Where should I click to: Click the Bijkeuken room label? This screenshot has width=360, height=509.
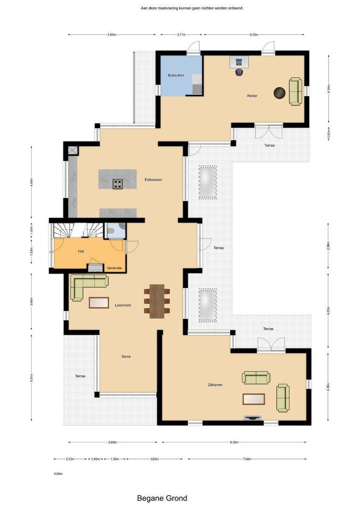(x=176, y=75)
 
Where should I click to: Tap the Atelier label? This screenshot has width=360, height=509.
(x=252, y=96)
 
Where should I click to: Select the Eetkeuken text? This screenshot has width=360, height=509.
(x=153, y=179)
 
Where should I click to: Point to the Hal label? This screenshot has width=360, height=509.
(x=81, y=251)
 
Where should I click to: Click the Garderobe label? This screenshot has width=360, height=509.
(x=115, y=267)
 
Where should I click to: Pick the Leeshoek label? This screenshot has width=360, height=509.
(x=123, y=305)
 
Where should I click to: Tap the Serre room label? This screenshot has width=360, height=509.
(x=126, y=357)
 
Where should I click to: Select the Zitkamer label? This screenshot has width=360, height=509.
(x=214, y=385)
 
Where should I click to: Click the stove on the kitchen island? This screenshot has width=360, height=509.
(x=117, y=183)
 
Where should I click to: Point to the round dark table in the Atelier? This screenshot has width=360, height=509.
(x=279, y=93)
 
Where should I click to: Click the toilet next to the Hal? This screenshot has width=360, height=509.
(x=112, y=231)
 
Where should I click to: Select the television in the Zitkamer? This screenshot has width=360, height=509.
(x=253, y=418)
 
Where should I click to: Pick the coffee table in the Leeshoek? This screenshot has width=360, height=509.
(x=98, y=302)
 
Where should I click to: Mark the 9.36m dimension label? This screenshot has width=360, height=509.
(x=234, y=443)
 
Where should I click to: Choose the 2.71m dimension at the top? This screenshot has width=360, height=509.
(x=181, y=34)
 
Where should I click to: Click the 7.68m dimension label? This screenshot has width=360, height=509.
(x=246, y=459)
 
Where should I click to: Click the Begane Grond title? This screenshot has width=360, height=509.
(x=162, y=498)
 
